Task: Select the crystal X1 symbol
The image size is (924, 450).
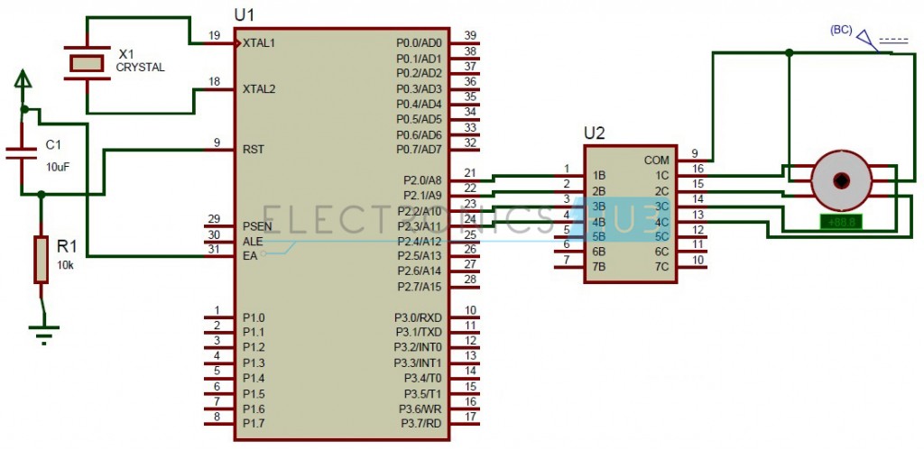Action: (x=88, y=62)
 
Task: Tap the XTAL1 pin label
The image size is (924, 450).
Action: (x=259, y=42)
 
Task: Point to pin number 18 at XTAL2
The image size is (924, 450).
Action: (x=214, y=82)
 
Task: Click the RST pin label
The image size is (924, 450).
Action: (x=253, y=149)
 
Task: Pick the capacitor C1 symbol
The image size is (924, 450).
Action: (x=23, y=151)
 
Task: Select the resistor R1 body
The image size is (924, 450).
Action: (x=41, y=260)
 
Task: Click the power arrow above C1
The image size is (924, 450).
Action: (x=23, y=82)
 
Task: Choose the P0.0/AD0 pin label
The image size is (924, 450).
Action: (x=419, y=43)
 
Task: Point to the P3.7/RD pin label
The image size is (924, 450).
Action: (x=418, y=423)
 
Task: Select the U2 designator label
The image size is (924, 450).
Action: (x=595, y=133)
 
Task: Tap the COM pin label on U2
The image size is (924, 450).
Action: (x=656, y=160)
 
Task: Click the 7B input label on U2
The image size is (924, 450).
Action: (x=598, y=266)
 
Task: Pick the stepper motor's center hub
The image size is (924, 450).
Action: (x=840, y=179)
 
